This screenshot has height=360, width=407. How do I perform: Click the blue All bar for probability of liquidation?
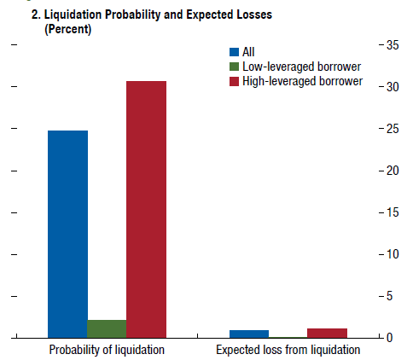pos(67,234)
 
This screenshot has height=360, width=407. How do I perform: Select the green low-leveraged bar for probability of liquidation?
pos(107,328)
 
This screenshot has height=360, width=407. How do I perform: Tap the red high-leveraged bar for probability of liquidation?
pos(146,209)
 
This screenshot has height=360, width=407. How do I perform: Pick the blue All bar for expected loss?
pos(249,334)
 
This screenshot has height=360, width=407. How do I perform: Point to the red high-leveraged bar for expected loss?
pos(327,333)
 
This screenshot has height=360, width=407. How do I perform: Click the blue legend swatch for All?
pos(234,52)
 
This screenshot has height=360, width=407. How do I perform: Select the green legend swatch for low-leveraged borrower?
pos(234,67)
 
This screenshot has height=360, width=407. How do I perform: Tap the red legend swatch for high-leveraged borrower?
pos(234,81)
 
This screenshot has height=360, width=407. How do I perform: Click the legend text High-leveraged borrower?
pos(303,81)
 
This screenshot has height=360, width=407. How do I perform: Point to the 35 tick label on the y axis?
pos(392,45)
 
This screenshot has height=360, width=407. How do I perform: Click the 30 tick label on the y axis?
pos(392,87)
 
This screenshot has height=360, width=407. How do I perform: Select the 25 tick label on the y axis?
pos(392,129)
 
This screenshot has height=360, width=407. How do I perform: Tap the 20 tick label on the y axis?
pos(392,171)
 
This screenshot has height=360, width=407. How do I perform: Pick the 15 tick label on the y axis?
pos(392,212)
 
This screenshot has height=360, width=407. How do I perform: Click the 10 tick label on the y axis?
pos(392,254)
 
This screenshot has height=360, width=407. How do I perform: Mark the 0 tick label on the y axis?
pos(389,338)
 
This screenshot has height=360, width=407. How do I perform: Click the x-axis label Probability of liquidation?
pos(107,350)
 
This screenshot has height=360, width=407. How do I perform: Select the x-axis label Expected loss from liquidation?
pos(288,350)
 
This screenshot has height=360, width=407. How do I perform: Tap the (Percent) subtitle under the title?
pos(68,29)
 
